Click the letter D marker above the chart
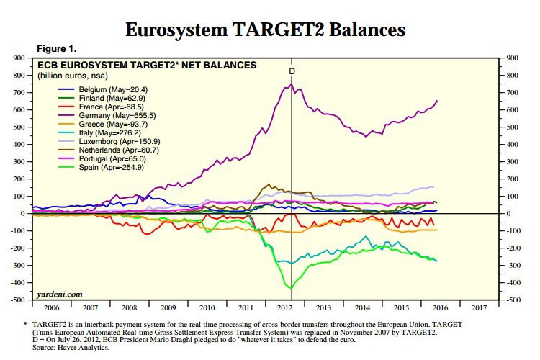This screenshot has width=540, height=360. pyautogui.click(x=292, y=71)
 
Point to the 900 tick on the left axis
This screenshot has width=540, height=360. pyautogui.click(x=19, y=58)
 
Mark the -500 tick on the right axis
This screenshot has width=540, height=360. pyautogui.click(x=513, y=300)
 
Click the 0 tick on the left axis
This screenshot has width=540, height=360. pyautogui.click(x=24, y=214)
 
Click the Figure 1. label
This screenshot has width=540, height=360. pyautogui.click(x=56, y=48)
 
